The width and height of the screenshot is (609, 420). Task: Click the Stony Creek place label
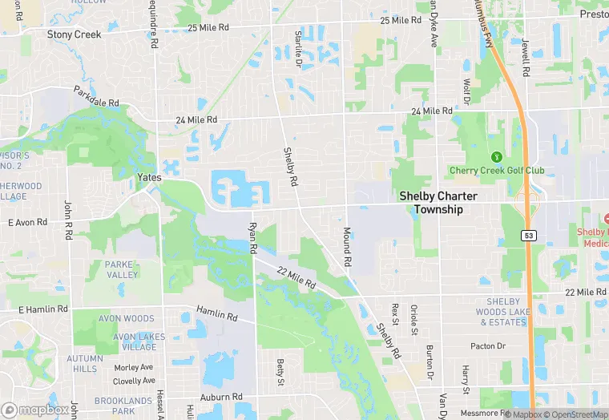tap(74, 34)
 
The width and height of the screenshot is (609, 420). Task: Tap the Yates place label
tap(150, 178)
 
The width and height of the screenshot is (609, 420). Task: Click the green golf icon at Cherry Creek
tap(496, 156)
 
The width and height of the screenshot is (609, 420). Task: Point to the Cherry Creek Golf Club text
tap(496, 171)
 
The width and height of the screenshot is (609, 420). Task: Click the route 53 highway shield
tap(527, 236)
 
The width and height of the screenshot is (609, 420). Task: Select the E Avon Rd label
tap(28, 222)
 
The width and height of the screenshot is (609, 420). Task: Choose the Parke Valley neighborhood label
tap(122, 269)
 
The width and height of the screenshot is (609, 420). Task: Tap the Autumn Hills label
tap(85, 364)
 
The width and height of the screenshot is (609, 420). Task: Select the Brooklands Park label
tap(123, 406)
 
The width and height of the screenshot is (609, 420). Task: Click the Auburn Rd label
tap(220, 397)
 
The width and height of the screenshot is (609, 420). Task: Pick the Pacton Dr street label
tap(489, 346)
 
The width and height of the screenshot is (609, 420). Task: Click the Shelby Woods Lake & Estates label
tap(503, 312)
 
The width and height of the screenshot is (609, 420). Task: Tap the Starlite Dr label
tap(297, 47)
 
